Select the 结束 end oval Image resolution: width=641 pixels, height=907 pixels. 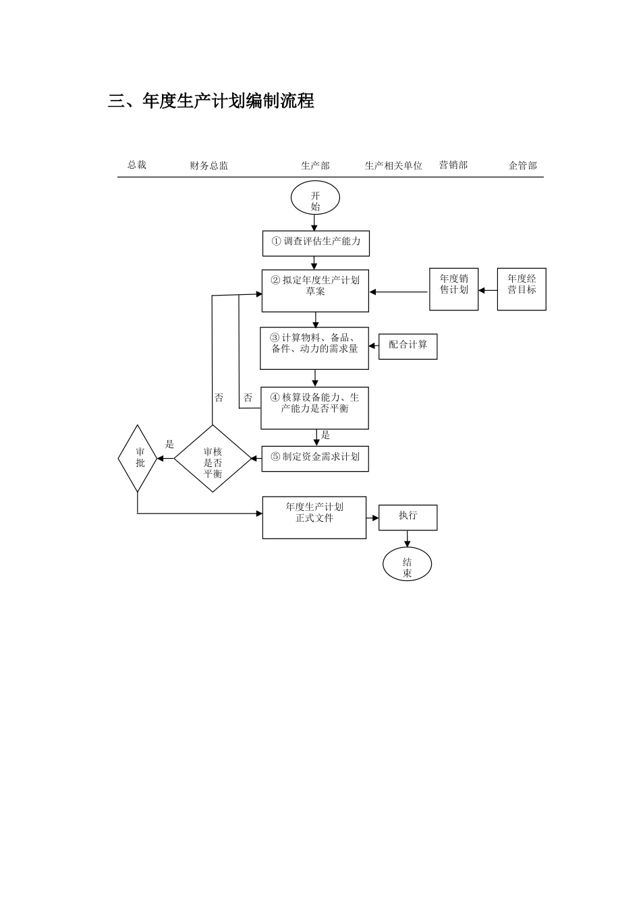[x=407, y=564]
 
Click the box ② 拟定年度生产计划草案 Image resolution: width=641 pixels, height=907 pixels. [x=315, y=290]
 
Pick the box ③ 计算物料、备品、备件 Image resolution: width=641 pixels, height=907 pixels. [x=314, y=348]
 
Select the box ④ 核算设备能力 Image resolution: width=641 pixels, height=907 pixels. [x=314, y=408]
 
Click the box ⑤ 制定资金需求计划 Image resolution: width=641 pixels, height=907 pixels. [x=315, y=458]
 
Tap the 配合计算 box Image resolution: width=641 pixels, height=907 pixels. [x=408, y=346]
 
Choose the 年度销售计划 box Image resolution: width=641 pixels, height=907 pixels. [x=453, y=289]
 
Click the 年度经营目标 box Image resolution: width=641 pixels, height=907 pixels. [x=522, y=289]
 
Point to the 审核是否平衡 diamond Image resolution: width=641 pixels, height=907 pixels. [x=213, y=458]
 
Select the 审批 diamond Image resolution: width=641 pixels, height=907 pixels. [x=138, y=458]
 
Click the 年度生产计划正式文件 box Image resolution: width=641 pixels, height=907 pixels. [x=314, y=517]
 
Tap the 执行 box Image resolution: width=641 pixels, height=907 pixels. [x=408, y=517]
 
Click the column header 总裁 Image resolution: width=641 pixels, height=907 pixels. [x=137, y=165]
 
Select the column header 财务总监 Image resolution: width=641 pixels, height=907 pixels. [x=208, y=165]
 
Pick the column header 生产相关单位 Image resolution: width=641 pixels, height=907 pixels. [x=393, y=165]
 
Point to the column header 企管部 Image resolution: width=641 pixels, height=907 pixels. [x=522, y=165]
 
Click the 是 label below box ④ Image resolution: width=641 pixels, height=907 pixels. [x=325, y=435]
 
